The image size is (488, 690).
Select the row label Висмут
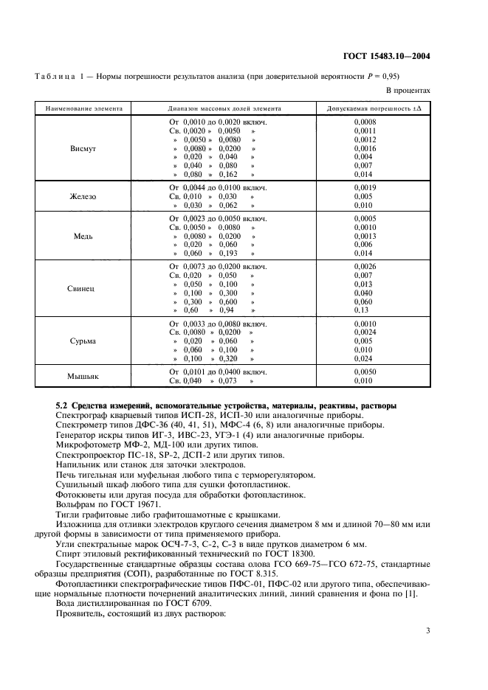pos(83,148)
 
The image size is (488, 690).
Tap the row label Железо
pos(83,197)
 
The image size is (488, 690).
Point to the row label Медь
pos(83,236)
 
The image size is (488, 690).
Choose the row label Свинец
pos(83,290)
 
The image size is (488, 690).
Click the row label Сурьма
pos(83,341)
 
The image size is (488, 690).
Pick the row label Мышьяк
pos(83,376)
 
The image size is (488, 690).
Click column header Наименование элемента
pos(83,108)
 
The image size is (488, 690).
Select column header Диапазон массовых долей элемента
pos(224,108)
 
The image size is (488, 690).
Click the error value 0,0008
pos(365,122)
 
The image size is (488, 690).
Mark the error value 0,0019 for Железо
pos(365,188)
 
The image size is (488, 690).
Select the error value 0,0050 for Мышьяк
pos(365,372)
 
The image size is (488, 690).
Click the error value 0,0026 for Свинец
pos(365,266)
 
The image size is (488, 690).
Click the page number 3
pos(428,630)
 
